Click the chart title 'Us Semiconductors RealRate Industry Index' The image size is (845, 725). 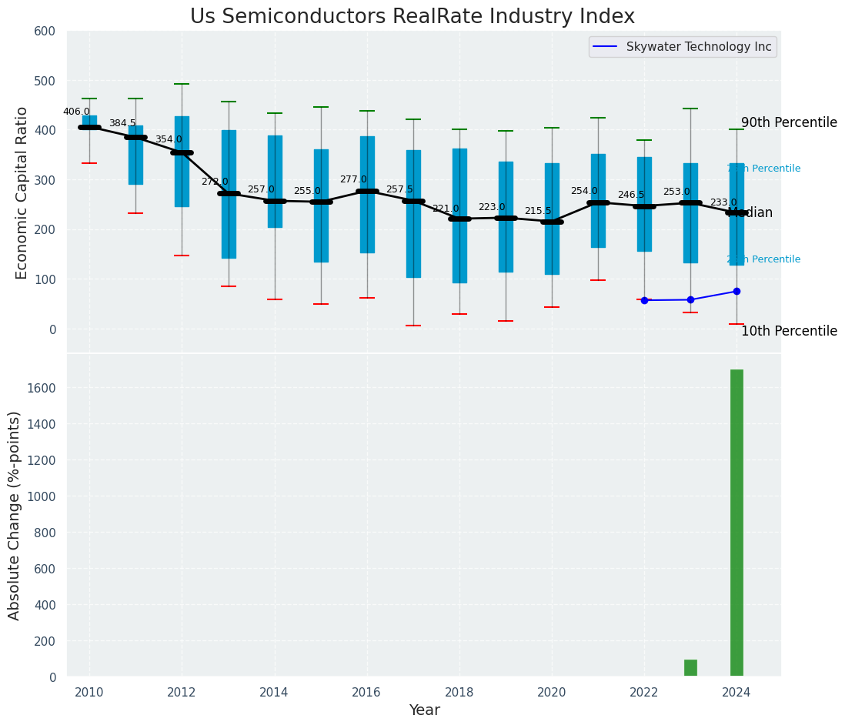click(x=412, y=17)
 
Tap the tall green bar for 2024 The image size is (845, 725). click(x=736, y=523)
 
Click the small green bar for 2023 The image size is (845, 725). click(x=690, y=668)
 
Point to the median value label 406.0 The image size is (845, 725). click(x=76, y=112)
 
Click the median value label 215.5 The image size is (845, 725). click(x=538, y=211)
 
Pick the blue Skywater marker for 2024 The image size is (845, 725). click(x=736, y=291)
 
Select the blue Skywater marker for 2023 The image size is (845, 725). click(x=690, y=299)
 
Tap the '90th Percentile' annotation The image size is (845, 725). click(x=789, y=122)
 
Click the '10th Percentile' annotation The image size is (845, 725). click(x=789, y=331)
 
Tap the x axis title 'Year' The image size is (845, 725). click(x=424, y=710)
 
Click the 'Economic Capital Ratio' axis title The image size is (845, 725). click(x=22, y=192)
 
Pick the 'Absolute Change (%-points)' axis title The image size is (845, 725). click(x=15, y=515)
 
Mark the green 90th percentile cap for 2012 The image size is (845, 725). click(x=182, y=84)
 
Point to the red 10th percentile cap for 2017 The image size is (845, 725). click(x=413, y=326)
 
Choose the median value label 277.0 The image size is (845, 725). click(x=353, y=179)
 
